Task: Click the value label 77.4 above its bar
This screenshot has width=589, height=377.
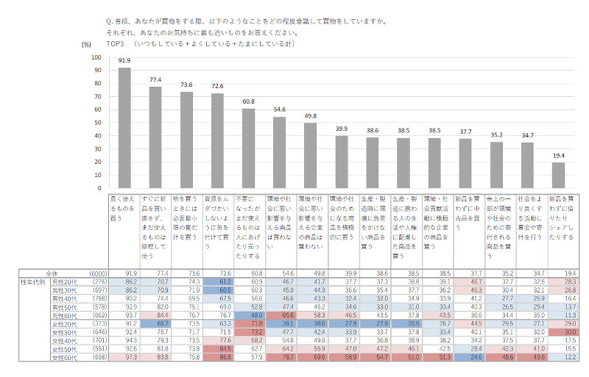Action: coord(155,79)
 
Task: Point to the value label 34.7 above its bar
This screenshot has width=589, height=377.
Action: coord(526,136)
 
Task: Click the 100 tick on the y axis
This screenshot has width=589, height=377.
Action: coord(96,57)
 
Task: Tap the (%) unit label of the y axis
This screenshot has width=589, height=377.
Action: coord(85,45)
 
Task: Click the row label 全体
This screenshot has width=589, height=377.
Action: coord(52,273)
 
